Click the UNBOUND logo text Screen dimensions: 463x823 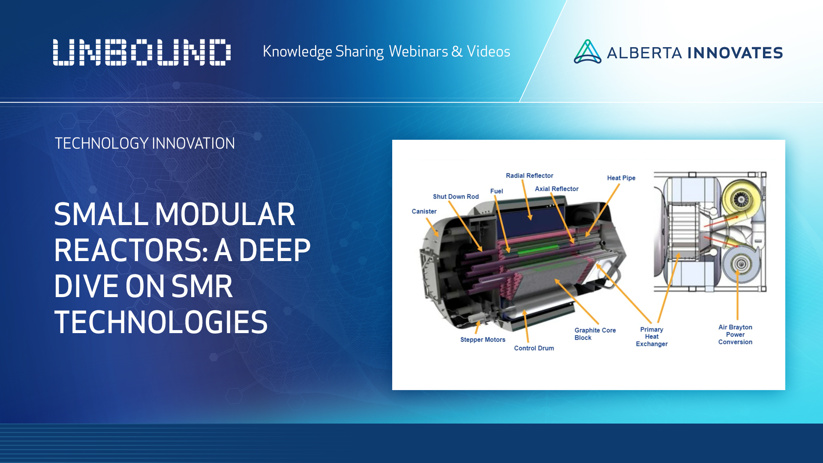pos(141,52)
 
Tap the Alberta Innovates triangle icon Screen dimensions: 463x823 pos(587,52)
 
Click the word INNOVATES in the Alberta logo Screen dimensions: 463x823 pos(735,53)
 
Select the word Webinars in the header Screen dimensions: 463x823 pos(418,51)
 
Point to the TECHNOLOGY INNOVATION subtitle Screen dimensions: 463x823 pos(144,143)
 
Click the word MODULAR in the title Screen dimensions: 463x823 pos(225,214)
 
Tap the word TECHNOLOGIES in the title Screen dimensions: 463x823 pos(161,322)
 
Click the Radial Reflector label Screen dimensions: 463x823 pos(529,176)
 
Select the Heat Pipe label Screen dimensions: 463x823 pos(621,178)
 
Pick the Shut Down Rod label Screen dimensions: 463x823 pos(456,197)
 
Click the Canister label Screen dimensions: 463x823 pos(424,211)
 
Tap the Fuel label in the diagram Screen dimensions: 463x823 pos(496,191)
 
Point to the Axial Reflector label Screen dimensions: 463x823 pos(556,189)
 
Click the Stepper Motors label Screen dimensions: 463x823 pos(483,340)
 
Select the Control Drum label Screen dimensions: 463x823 pos(534,348)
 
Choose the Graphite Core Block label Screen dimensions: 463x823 pos(595,334)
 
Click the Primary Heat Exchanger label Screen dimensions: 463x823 pos(652,337)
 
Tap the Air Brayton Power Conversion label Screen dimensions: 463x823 pos(735,334)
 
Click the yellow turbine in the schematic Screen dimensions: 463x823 pos(740,199)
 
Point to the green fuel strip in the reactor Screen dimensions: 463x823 pos(538,250)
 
